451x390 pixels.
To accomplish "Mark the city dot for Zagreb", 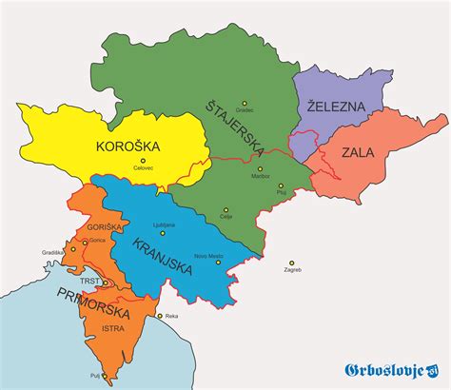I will coord(293,263).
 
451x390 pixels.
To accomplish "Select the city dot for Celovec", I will coord(143,160).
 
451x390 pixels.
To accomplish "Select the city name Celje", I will coord(226,217).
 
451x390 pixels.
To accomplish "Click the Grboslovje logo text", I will coord(389,369).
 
